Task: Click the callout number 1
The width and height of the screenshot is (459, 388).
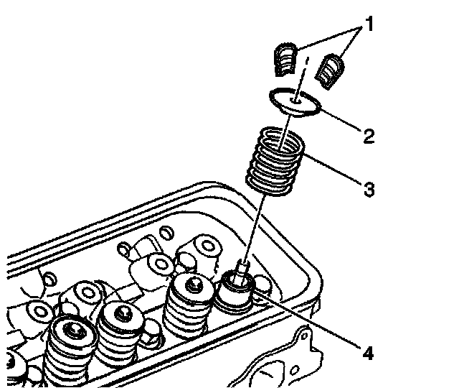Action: [369, 27]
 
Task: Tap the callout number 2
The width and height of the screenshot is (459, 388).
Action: [368, 134]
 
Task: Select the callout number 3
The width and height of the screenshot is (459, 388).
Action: [368, 190]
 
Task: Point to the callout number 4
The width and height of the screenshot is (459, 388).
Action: [368, 353]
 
